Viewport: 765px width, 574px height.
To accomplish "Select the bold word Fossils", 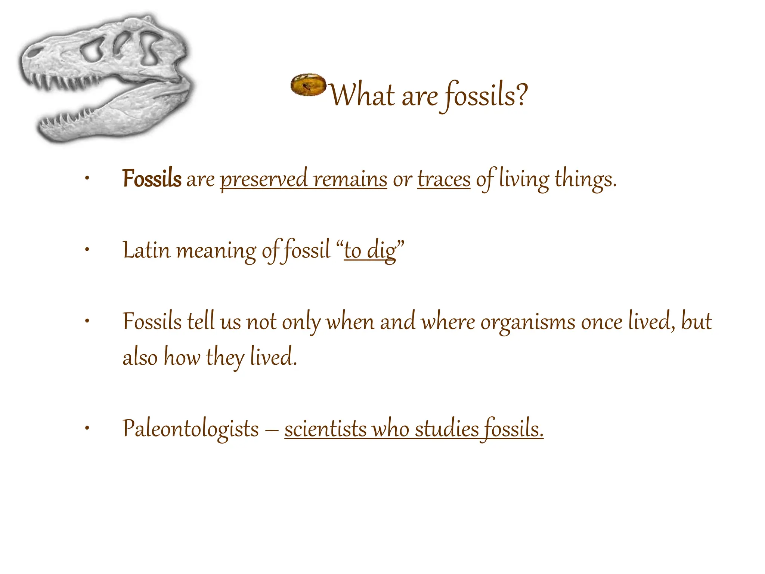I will coord(152,179).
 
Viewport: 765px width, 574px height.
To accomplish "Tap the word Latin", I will coord(146,250).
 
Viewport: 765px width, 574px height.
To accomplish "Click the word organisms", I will coord(527,322).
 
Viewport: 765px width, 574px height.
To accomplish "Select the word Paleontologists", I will coord(191,429).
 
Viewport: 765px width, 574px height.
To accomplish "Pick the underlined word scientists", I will coord(325,429).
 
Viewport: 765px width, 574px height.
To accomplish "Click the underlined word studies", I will coord(447,429).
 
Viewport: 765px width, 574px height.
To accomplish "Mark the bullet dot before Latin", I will coord(87,250).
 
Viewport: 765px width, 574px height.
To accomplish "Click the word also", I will coord(140,357).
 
